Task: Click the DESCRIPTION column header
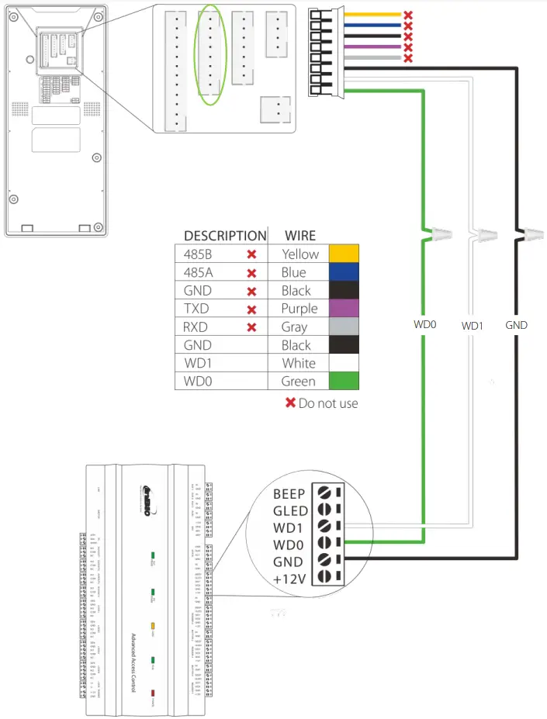(x=224, y=236)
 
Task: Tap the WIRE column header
(x=300, y=236)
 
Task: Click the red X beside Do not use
(x=291, y=403)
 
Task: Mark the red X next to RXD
(x=251, y=327)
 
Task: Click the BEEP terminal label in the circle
(x=289, y=493)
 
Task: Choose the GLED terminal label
(x=289, y=510)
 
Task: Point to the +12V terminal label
(x=289, y=578)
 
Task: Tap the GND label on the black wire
(x=516, y=326)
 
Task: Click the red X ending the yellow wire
(x=408, y=15)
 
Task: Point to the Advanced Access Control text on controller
(x=133, y=659)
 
